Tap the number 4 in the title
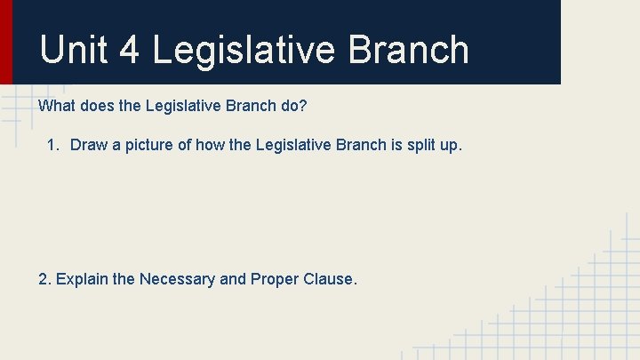pyautogui.click(x=129, y=50)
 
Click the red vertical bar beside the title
pyautogui.click(x=6, y=42)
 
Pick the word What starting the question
pyautogui.click(x=56, y=106)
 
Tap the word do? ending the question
pyautogui.click(x=294, y=106)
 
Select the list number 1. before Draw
pyautogui.click(x=55, y=145)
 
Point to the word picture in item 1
pyautogui.click(x=148, y=145)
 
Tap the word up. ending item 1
pyautogui.click(x=451, y=145)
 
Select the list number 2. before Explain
pyautogui.click(x=44, y=279)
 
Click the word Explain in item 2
pyautogui.click(x=83, y=279)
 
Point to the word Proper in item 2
pyautogui.click(x=276, y=279)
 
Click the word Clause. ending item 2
pyautogui.click(x=331, y=279)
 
